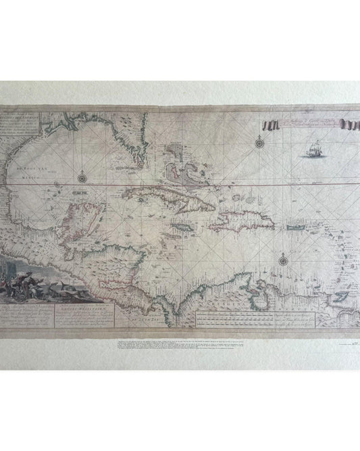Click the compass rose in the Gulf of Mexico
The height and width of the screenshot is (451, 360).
[x=82, y=178]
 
